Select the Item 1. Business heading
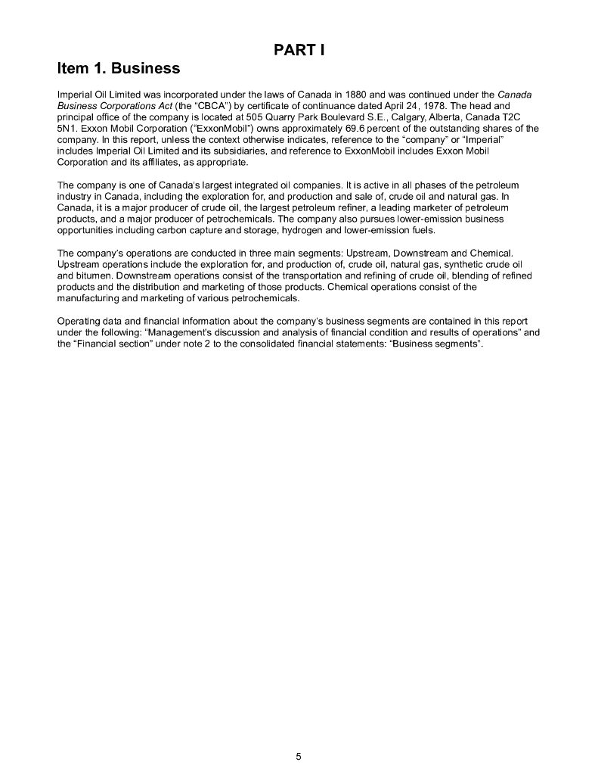click(119, 69)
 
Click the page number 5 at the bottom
click(299, 756)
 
